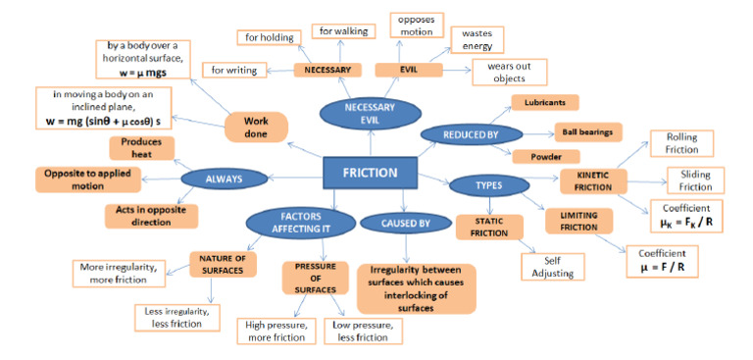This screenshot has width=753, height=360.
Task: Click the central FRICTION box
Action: point(370,173)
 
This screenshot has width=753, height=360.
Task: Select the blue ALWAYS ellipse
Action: point(224,179)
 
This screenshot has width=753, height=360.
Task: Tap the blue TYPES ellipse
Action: point(488,184)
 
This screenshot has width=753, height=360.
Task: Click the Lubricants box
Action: point(545,102)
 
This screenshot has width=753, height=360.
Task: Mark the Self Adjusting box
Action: point(553,267)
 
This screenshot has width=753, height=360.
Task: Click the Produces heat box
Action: point(142,148)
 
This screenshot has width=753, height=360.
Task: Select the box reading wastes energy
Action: point(477,39)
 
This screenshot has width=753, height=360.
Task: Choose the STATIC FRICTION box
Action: point(488,227)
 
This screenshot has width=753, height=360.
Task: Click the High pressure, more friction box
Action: point(275,332)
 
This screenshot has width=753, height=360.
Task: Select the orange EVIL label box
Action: point(408,70)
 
